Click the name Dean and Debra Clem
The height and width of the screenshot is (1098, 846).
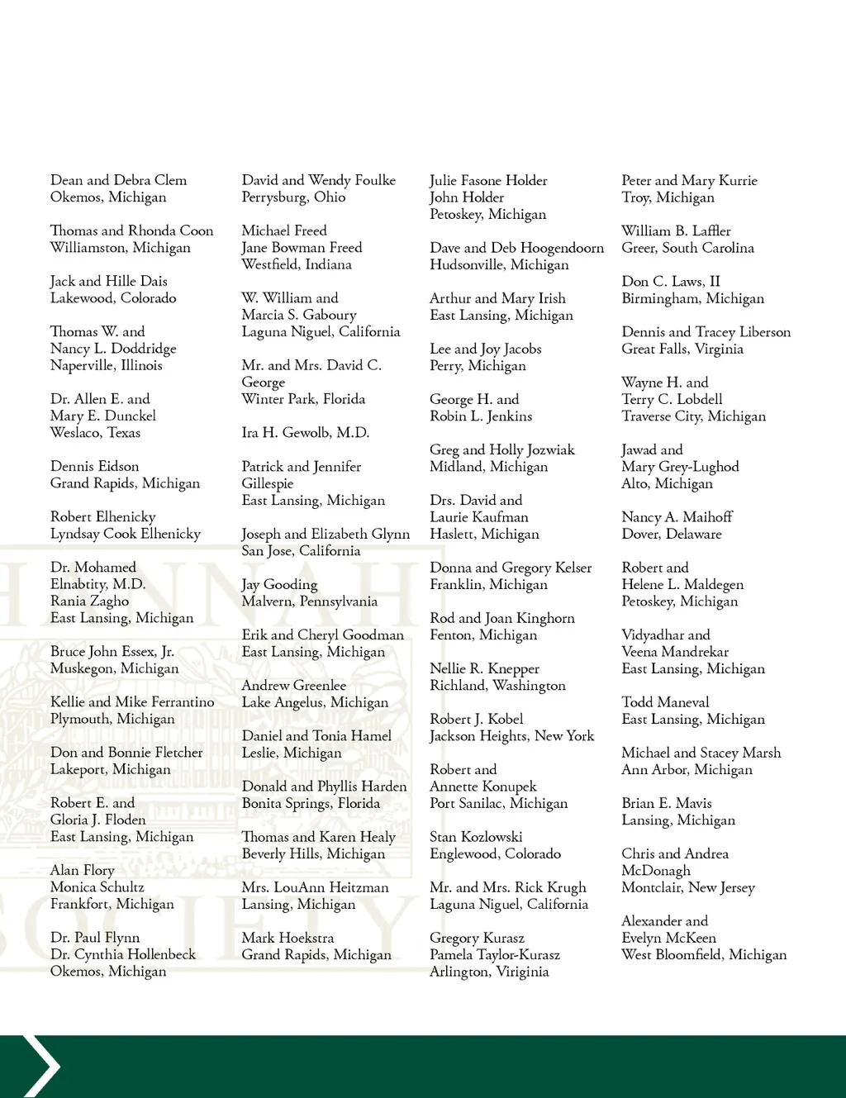pyautogui.click(x=118, y=180)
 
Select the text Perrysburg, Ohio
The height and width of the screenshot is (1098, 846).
pyautogui.click(x=293, y=197)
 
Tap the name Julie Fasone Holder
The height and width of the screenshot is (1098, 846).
pyautogui.click(x=488, y=180)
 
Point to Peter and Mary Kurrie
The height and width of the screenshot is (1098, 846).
pyautogui.click(x=689, y=180)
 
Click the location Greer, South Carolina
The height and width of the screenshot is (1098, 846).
pyautogui.click(x=687, y=248)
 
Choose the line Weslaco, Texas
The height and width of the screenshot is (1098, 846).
pyautogui.click(x=95, y=432)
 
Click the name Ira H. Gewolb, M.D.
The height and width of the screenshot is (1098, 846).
pyautogui.click(x=305, y=432)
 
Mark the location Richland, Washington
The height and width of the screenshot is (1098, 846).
pyautogui.click(x=497, y=685)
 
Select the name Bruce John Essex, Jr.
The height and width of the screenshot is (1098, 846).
pyautogui.click(x=112, y=651)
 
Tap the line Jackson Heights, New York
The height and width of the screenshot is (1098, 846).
pyautogui.click(x=511, y=735)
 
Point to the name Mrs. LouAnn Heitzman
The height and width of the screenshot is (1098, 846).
pyautogui.click(x=315, y=887)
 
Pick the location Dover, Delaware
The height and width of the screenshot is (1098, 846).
pyautogui.click(x=671, y=534)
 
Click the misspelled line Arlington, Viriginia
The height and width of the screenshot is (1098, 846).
pyautogui.click(x=489, y=972)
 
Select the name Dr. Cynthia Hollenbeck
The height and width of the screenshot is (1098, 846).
pyautogui.click(x=123, y=954)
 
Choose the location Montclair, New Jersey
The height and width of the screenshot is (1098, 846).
pyautogui.click(x=688, y=887)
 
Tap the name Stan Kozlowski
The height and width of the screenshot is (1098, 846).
pyautogui.click(x=476, y=837)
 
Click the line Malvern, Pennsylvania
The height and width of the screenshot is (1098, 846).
pyautogui.click(x=309, y=601)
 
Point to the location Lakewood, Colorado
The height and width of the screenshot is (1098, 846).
pyautogui.click(x=113, y=297)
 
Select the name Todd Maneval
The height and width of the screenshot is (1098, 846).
pyautogui.click(x=665, y=702)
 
